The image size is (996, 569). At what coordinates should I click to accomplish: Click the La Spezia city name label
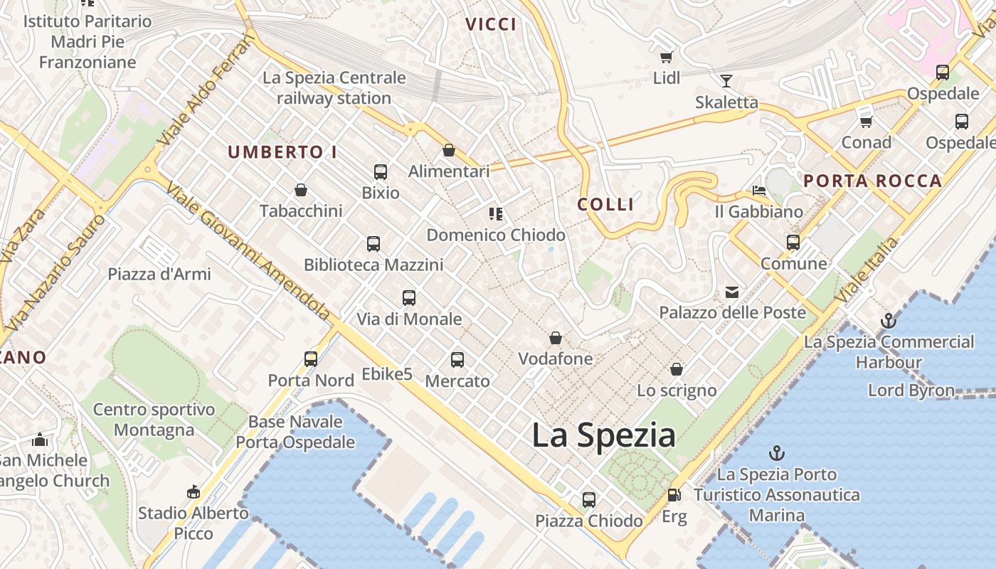tap(603, 435)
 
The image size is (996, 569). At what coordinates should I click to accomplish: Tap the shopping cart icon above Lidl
tap(666, 58)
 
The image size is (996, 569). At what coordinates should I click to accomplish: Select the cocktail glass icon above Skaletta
tap(726, 80)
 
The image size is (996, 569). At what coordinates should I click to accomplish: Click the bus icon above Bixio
tap(381, 171)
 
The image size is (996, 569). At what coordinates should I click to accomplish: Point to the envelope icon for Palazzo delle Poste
tap(732, 292)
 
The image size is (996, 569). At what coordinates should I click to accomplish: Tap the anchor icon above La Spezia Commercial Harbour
tap(888, 321)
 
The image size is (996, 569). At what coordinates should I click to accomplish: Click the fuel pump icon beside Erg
tap(674, 495)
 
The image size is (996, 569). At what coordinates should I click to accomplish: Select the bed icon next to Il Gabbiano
tap(759, 191)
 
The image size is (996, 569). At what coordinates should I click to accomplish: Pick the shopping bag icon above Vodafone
tap(555, 338)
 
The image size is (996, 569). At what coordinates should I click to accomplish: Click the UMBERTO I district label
tap(282, 152)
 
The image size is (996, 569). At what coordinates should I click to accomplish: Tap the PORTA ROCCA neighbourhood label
tap(873, 181)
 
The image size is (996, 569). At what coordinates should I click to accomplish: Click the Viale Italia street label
tap(867, 270)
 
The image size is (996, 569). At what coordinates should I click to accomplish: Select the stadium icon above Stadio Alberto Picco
tap(193, 491)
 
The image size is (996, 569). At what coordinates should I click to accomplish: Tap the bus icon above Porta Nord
tap(311, 359)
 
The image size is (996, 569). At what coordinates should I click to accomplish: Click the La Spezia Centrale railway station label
tap(334, 87)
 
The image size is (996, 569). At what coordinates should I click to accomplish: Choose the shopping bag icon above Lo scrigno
tap(677, 369)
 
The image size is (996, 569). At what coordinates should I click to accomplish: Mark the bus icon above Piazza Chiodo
tap(589, 499)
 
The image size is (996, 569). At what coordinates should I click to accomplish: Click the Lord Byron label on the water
tap(911, 390)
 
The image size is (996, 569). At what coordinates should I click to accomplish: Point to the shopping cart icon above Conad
tap(866, 122)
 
